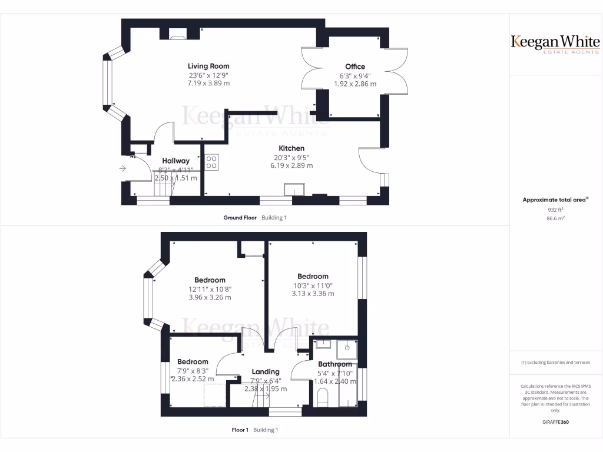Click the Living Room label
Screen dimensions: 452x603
coord(208,66)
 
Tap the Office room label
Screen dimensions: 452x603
coord(355,67)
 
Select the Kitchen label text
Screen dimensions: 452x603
coord(291,148)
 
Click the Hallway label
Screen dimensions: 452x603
coord(176,161)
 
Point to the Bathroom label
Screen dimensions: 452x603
coord(335,364)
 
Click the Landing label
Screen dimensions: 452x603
coord(266,371)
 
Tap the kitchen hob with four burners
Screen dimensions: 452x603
coord(212,162)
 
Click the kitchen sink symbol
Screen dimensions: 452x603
coord(294,189)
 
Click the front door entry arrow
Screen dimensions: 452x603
coord(122,169)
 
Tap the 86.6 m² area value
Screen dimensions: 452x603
coord(555,218)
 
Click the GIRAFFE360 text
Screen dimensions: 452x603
coord(555,422)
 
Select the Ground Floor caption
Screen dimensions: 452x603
coord(240,218)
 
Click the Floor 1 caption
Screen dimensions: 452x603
coord(240,430)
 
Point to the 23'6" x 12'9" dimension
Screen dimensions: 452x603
coord(208,75)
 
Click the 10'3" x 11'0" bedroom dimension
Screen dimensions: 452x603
coord(313,285)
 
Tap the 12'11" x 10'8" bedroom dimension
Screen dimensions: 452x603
coord(210,289)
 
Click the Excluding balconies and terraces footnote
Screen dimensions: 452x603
coord(555,363)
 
